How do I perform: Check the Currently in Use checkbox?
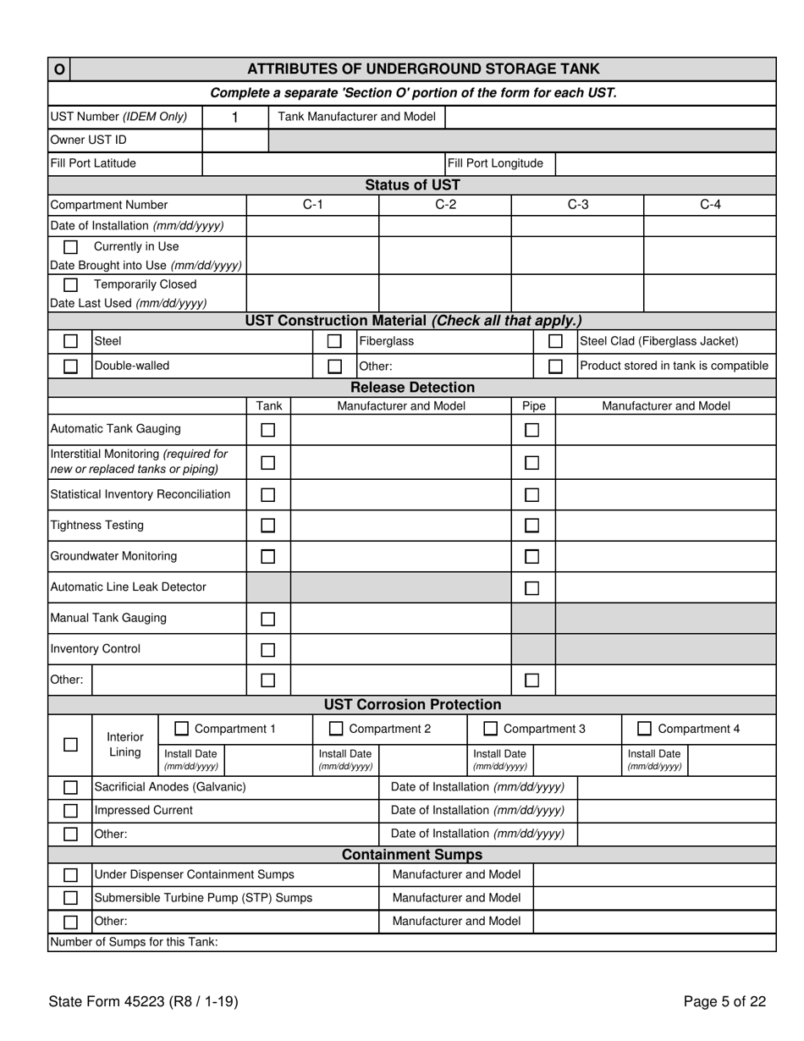point(71,247)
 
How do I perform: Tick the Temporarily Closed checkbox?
point(71,284)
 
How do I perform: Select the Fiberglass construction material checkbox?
point(334,341)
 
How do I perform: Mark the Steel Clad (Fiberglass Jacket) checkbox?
point(555,341)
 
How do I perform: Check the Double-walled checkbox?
point(71,366)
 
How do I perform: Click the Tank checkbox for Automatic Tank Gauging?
point(267,430)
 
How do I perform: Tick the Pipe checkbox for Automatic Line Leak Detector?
point(531,588)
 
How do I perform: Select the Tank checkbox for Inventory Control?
point(267,650)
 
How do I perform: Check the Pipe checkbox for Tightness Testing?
point(531,526)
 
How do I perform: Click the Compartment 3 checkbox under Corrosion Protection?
point(490,729)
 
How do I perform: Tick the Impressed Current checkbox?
point(71,811)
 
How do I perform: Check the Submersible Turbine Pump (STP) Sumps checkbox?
point(71,898)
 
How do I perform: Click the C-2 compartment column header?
point(445,205)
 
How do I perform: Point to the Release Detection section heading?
point(412,388)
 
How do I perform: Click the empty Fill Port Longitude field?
point(665,163)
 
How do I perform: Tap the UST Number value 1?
point(235,118)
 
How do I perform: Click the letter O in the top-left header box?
point(59,69)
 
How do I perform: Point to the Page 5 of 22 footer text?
point(724,1002)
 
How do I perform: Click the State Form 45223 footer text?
point(143,1002)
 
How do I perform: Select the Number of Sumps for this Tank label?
point(134,942)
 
